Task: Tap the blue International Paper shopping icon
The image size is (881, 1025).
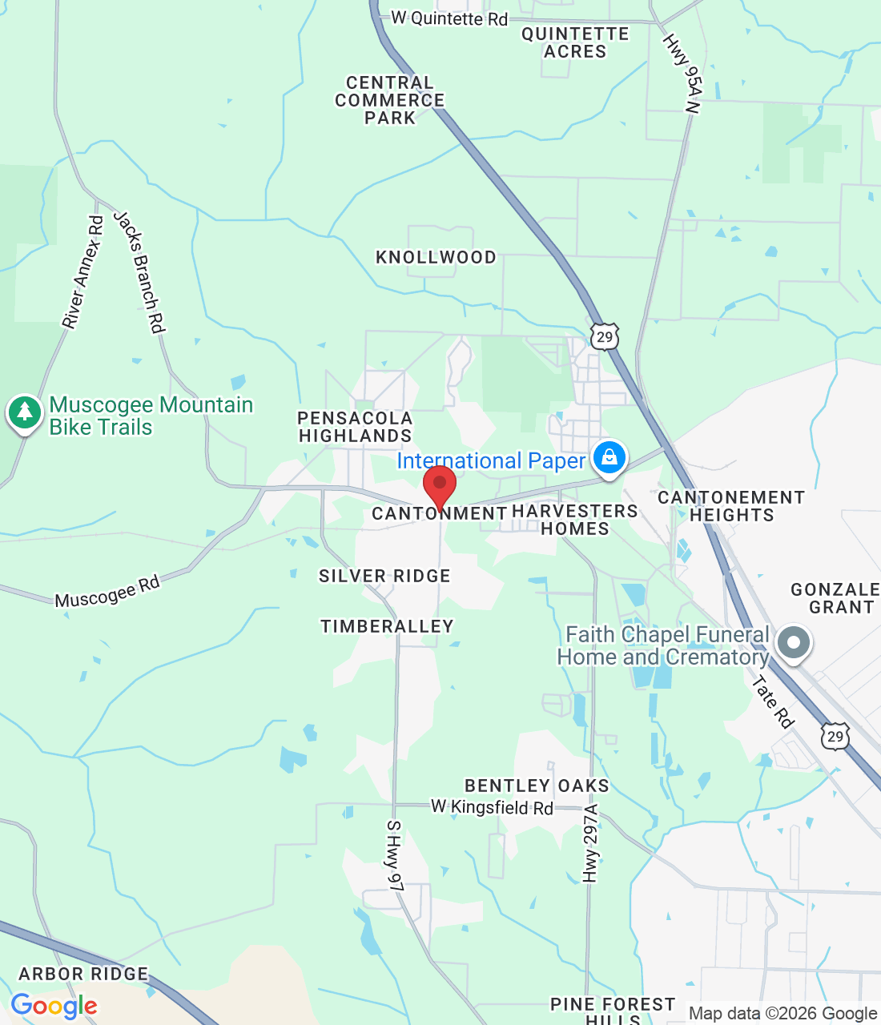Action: click(x=609, y=458)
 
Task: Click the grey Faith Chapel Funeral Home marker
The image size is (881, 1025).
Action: click(x=795, y=643)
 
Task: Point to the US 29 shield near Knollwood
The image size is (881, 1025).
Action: click(x=605, y=337)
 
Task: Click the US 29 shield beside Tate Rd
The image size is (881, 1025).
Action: click(x=835, y=736)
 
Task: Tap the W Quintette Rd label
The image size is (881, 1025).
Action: click(x=449, y=18)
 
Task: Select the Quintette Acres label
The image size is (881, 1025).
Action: click(x=575, y=42)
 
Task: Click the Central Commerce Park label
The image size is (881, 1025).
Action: click(x=389, y=100)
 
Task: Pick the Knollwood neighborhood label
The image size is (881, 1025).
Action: click(x=436, y=257)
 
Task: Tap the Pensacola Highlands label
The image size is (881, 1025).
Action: click(x=355, y=427)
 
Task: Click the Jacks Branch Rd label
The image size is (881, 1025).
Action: click(x=139, y=271)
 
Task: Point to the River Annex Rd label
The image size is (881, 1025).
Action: click(x=83, y=272)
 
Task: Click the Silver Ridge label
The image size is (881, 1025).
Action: click(x=384, y=576)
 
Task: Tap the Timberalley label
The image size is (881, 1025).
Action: click(x=387, y=626)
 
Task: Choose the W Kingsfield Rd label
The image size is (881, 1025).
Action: click(x=492, y=807)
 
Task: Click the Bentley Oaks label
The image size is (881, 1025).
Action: click(x=537, y=786)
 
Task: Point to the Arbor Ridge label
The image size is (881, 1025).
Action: click(x=83, y=974)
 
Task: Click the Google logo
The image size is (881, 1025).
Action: click(x=54, y=1006)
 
